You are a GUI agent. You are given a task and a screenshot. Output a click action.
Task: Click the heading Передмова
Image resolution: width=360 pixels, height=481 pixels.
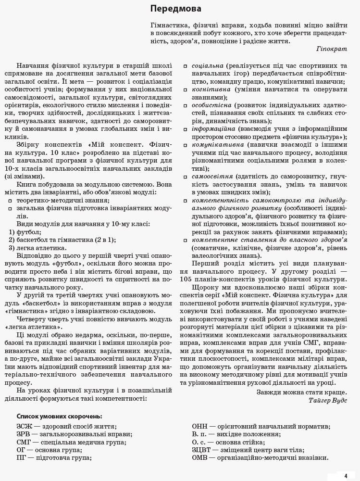coord(175,9)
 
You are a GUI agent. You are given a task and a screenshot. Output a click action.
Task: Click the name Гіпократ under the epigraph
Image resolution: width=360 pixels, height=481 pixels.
coord(332,49)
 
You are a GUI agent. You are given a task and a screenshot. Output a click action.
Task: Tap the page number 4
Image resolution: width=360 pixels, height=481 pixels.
coord(345,476)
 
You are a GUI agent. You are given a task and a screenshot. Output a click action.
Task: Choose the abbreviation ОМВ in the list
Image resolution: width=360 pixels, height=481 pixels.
coord(201,457)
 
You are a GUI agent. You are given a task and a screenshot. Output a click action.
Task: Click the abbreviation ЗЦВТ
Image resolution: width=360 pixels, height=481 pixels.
coord(202,450)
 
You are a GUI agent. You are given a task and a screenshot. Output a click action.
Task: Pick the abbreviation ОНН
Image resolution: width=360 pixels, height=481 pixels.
coord(200,426)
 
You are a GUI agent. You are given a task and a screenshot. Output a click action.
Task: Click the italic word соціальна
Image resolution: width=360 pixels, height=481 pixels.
coord(207,65)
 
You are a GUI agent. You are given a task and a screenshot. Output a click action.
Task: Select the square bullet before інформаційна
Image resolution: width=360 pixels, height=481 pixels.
coord(186,129)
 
